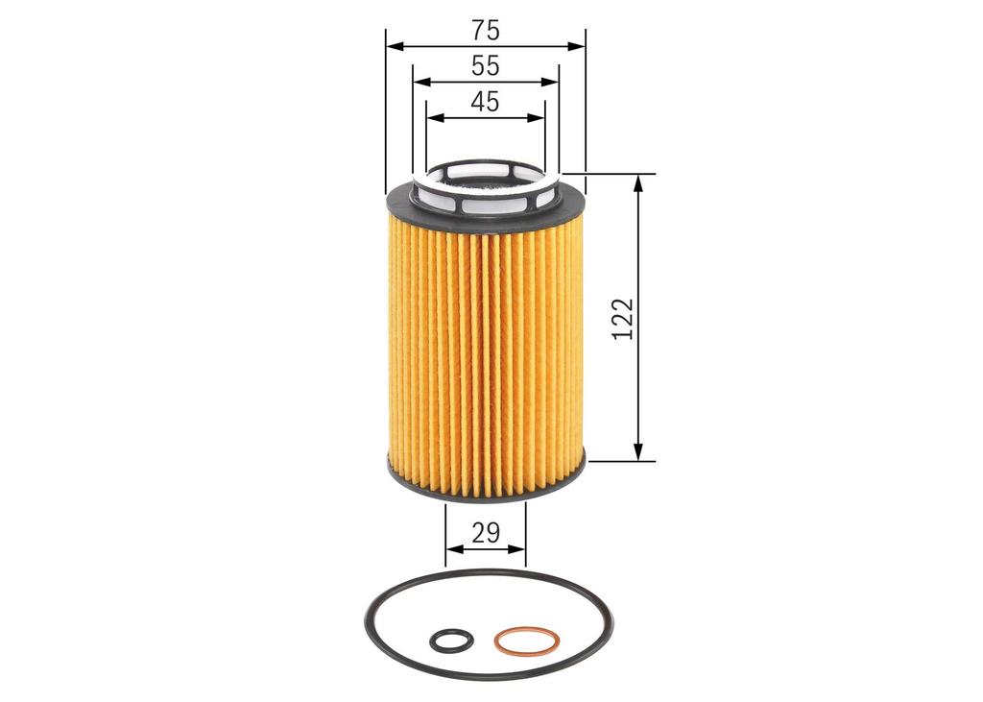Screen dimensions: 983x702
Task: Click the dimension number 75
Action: (486, 30)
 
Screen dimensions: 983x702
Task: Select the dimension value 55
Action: (486, 66)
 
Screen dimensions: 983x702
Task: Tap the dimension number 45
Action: (486, 102)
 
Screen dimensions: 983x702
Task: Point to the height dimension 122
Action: (623, 320)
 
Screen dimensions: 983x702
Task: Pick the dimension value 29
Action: (486, 533)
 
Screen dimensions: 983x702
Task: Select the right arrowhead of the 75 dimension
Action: (576, 46)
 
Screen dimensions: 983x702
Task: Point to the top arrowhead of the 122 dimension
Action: (638, 183)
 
